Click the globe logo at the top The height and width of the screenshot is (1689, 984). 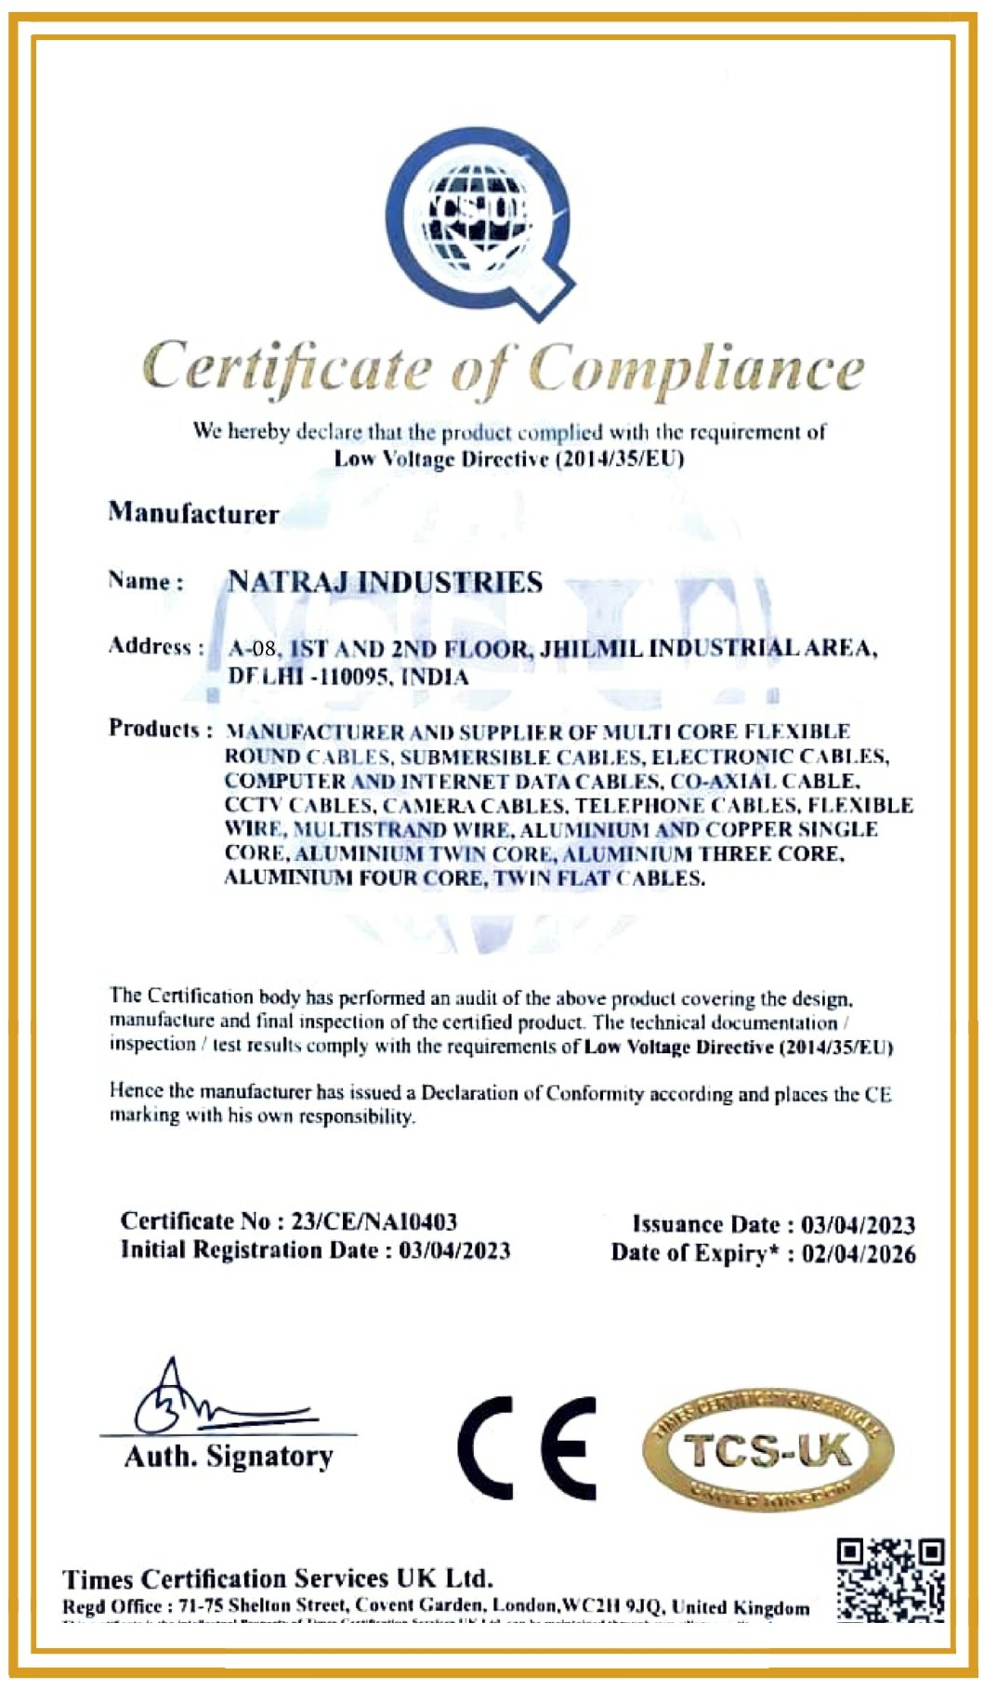(x=480, y=223)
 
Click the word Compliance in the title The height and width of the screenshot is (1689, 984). (x=696, y=369)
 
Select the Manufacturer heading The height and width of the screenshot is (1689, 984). (x=193, y=513)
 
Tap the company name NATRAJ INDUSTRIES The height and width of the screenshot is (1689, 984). (x=385, y=583)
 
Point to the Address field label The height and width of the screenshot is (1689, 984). (x=155, y=646)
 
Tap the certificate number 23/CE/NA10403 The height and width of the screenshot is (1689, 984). (x=374, y=1221)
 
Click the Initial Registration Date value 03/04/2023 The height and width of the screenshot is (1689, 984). (x=454, y=1250)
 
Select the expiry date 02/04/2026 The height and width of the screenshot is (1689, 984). (x=859, y=1254)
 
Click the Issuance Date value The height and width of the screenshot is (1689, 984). (x=858, y=1225)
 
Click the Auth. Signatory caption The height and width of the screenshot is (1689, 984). (x=229, y=1457)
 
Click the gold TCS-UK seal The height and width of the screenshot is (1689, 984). (x=768, y=1450)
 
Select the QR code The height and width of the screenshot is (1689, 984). (x=889, y=1581)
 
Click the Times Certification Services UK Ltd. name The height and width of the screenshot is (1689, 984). (x=277, y=1578)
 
